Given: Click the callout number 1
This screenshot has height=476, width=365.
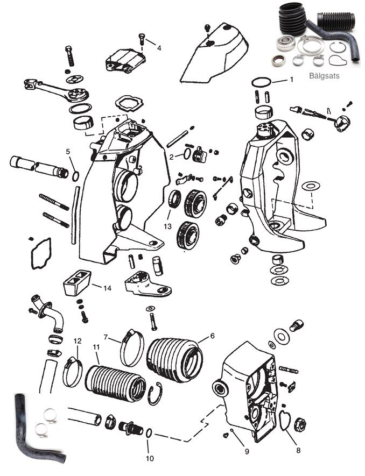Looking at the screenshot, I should point(291,79).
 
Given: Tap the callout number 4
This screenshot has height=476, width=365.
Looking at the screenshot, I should point(159,48).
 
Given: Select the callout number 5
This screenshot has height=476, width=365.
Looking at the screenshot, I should point(68,152).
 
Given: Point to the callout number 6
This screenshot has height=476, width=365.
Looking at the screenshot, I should point(212,336).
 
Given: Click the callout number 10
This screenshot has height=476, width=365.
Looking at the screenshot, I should point(149,458).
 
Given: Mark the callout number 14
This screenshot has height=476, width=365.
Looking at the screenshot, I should point(107,288).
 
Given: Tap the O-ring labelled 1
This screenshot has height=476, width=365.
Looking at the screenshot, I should point(261,82).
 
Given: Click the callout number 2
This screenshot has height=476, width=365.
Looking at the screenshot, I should point(171,157).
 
